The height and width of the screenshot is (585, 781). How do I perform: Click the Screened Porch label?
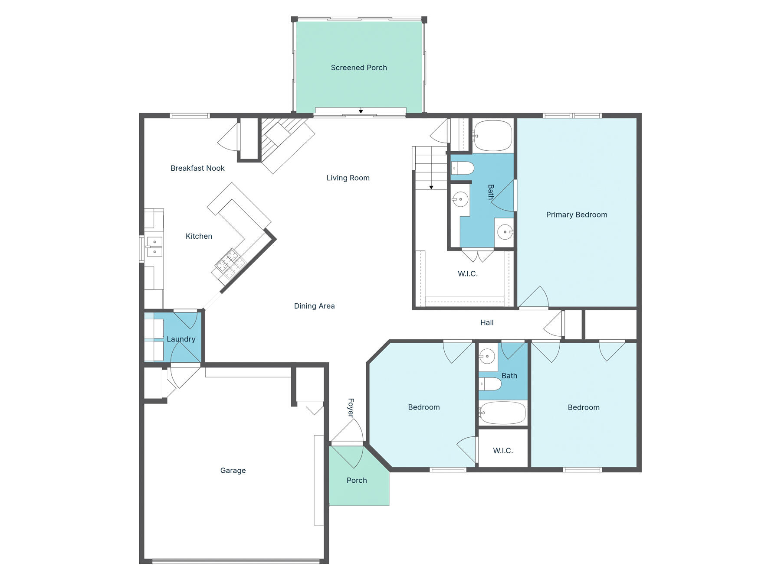(358, 68)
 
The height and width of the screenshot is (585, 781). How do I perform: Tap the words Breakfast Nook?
(197, 168)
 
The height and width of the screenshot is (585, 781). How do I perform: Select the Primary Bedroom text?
(576, 214)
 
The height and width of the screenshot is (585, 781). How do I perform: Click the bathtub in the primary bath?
(492, 135)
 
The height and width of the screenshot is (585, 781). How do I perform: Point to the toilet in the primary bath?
(463, 168)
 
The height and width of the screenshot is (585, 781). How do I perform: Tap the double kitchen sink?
(154, 247)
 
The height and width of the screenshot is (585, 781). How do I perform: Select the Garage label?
(233, 470)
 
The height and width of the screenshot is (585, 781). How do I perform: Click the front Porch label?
(357, 480)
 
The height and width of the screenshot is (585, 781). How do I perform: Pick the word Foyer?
(351, 407)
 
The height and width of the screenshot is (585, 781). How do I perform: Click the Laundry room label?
(181, 339)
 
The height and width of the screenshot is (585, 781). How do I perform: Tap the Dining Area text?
(314, 306)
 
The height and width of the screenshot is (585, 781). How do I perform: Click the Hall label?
(487, 322)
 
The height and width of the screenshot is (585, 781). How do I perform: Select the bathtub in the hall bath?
(503, 413)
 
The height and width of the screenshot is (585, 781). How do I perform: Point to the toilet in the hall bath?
(490, 383)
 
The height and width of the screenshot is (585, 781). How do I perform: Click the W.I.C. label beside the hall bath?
(503, 451)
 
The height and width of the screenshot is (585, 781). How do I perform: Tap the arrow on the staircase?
(431, 187)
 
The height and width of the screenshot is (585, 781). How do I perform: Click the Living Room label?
(348, 178)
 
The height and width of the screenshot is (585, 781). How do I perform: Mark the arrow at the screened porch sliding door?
(361, 111)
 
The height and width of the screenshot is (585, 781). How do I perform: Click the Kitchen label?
(199, 236)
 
